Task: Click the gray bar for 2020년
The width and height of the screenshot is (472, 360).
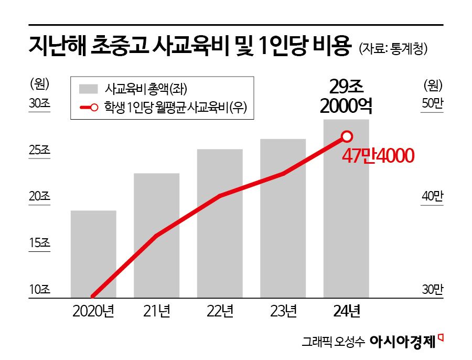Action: (x=93, y=255)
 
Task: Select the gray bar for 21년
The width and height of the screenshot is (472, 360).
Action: (x=156, y=236)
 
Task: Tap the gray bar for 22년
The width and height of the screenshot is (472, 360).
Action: (x=220, y=224)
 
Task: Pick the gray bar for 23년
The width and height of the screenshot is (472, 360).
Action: (x=283, y=218)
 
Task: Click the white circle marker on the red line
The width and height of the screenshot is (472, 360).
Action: (x=347, y=136)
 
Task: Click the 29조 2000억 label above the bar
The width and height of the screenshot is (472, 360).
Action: (x=346, y=96)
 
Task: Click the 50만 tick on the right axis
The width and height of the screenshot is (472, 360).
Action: (x=433, y=103)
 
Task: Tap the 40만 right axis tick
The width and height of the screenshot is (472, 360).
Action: (x=433, y=196)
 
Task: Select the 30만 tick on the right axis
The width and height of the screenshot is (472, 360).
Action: (x=433, y=289)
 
